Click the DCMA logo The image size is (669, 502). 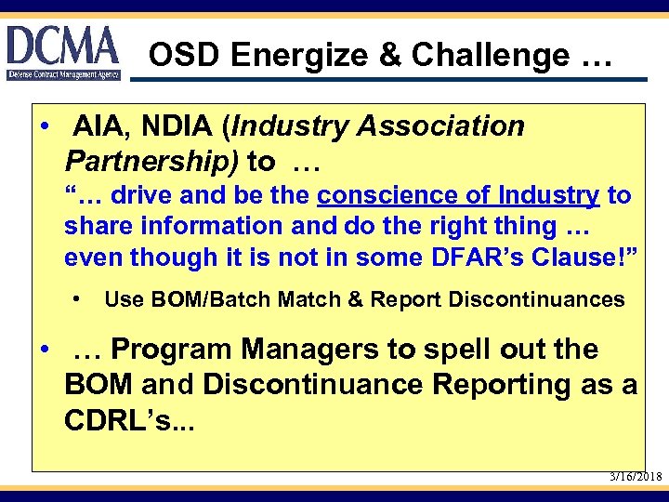63,52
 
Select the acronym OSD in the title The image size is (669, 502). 185,56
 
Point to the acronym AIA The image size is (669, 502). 99,126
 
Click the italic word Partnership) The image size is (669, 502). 151,162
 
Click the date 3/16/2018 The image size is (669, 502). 636,476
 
